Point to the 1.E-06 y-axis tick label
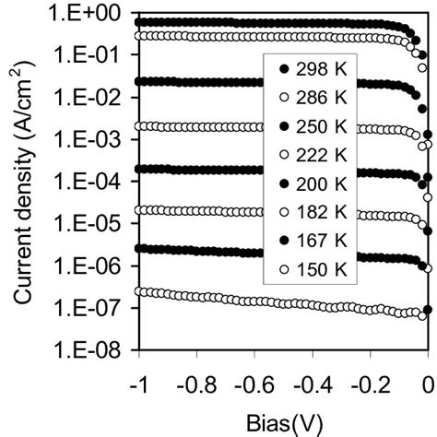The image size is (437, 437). [95, 267]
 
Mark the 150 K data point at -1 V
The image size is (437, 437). [138, 291]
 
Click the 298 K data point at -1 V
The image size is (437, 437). [138, 21]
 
